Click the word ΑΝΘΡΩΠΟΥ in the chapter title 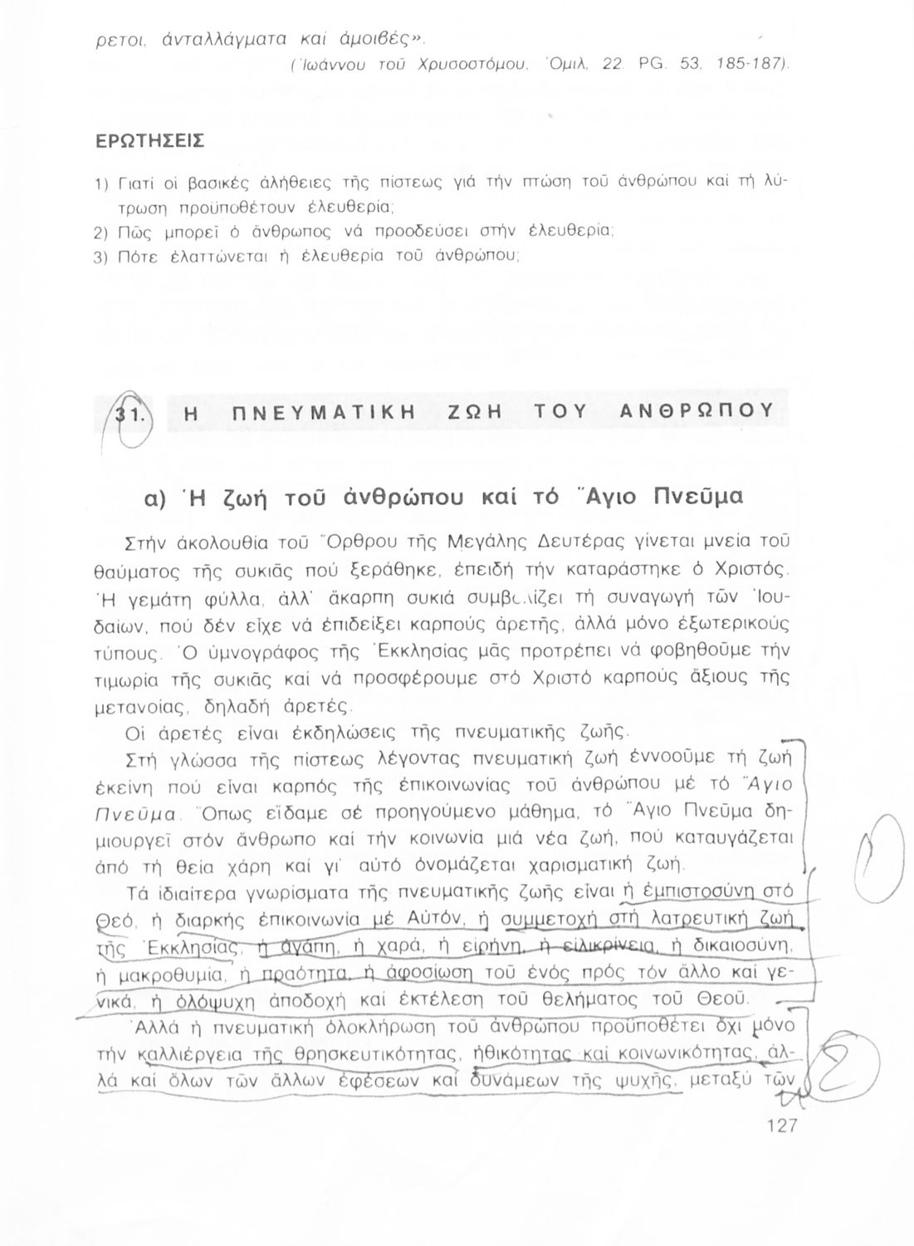coord(697,410)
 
